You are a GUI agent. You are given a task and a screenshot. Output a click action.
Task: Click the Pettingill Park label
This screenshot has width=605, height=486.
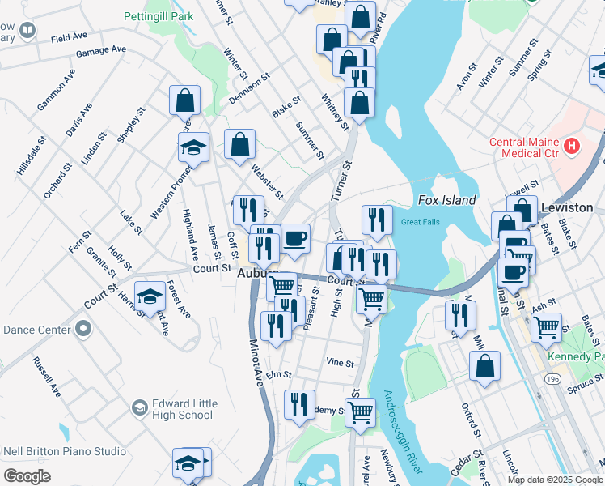tap(159, 16)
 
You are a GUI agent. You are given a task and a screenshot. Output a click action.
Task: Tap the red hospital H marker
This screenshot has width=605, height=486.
tap(573, 146)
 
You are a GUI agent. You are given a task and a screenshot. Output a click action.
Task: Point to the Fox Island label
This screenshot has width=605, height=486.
tap(446, 200)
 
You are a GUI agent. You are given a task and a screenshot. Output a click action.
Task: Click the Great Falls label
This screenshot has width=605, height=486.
tap(421, 222)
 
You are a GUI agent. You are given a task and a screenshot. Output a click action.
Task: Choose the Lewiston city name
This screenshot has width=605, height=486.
tap(566, 207)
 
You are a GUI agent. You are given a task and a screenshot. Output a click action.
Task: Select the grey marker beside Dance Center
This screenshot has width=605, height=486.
tap(82, 329)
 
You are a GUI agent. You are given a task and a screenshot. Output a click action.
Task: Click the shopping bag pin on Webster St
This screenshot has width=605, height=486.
tap(240, 146)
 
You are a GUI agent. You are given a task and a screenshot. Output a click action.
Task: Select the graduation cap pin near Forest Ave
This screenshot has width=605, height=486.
tap(150, 297)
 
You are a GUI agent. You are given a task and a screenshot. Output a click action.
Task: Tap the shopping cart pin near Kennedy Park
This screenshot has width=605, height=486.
tap(547, 326)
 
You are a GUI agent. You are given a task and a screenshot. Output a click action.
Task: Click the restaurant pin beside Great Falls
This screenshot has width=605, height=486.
tap(377, 220)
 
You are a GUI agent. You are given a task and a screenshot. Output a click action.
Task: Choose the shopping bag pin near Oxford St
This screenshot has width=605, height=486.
tap(485, 365)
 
